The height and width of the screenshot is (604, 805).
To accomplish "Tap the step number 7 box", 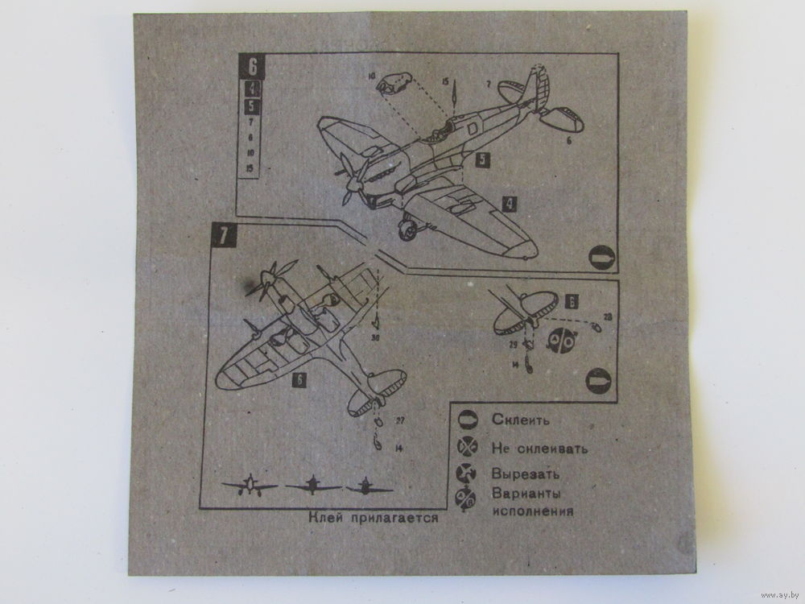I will click(x=222, y=237).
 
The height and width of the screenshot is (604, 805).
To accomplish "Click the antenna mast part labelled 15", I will click(x=453, y=95).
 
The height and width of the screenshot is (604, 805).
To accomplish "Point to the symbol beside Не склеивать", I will click(x=467, y=447).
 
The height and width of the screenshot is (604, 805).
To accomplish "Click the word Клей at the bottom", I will click(x=326, y=519).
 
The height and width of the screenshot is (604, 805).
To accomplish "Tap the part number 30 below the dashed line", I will click(x=376, y=339).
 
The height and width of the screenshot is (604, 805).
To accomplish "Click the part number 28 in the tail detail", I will click(x=607, y=316).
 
